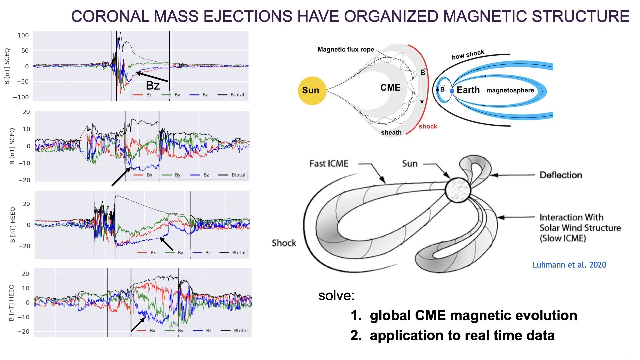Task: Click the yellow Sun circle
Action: tap(312, 91)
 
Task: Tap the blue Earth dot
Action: tap(452, 91)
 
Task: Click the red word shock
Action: tap(428, 126)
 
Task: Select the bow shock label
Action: tap(468, 55)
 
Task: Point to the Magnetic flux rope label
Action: tap(346, 50)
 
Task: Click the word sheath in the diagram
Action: tap(391, 132)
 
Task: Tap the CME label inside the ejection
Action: tap(390, 88)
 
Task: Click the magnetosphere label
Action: tap(510, 90)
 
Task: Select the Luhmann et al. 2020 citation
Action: tap(569, 265)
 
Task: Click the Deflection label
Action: tap(561, 175)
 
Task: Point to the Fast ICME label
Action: tap(329, 163)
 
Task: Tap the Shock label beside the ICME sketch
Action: tap(284, 243)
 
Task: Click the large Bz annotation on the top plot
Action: tap(153, 86)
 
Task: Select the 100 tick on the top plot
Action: tap(23, 35)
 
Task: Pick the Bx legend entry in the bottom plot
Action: tap(146, 331)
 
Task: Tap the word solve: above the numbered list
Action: tap(336, 295)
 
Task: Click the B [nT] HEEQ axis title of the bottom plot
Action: tap(12, 303)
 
